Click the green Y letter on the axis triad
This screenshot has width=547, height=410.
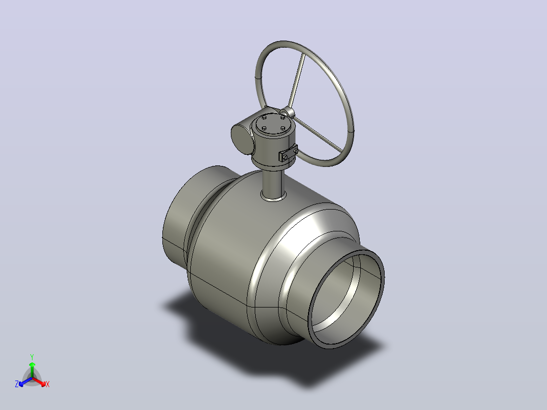(x=32, y=357)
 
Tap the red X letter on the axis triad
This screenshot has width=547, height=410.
(x=48, y=384)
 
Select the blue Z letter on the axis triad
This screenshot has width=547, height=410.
(x=17, y=384)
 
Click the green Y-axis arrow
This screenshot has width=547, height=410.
(x=32, y=369)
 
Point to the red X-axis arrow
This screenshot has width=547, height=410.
(x=39, y=381)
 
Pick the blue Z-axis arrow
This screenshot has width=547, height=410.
(x=25, y=381)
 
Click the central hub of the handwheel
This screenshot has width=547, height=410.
(x=287, y=112)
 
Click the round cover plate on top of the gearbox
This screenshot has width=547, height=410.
(x=273, y=123)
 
